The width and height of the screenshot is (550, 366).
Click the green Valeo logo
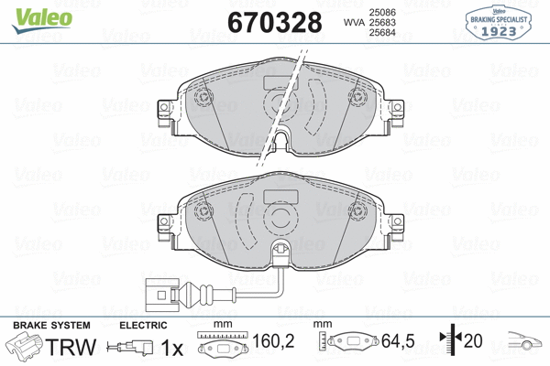coord(42,20)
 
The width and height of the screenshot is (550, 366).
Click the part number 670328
coord(275,22)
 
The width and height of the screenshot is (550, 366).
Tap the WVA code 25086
coord(382,12)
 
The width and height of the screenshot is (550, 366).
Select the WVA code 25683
coord(382,22)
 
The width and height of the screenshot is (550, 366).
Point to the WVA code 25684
coord(382,33)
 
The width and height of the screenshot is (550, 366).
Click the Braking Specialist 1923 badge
coord(499,23)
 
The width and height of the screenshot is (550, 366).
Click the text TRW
coord(71,347)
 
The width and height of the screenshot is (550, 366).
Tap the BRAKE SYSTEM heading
coord(51,325)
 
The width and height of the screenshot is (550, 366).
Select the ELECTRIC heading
coord(143,325)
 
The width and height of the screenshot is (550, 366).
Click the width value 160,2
coord(273,340)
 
